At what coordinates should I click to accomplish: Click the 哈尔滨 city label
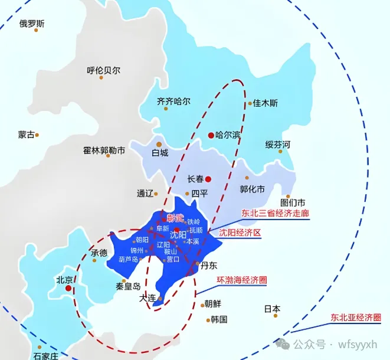(x=228, y=135)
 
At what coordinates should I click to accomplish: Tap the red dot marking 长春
(x=208, y=179)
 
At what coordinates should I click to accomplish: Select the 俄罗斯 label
(x=32, y=24)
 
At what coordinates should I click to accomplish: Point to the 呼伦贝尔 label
(x=103, y=70)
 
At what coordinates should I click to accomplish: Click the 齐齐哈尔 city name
(x=173, y=102)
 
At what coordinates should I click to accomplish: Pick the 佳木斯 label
(x=266, y=103)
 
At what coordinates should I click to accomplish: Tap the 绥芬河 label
(x=277, y=145)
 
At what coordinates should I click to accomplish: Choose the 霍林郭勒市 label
(x=104, y=150)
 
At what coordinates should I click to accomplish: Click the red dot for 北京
(x=69, y=289)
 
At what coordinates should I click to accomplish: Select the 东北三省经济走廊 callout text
(x=276, y=213)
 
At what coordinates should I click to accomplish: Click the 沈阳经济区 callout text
(x=240, y=233)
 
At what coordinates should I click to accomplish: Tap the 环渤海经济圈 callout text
(x=241, y=279)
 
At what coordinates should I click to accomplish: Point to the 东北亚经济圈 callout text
(x=356, y=318)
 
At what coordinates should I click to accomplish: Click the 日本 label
(x=272, y=309)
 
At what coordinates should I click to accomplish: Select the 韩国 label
(x=218, y=319)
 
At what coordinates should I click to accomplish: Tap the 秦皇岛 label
(x=128, y=286)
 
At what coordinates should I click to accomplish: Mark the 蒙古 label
(x=27, y=135)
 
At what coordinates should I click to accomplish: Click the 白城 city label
(x=159, y=153)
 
